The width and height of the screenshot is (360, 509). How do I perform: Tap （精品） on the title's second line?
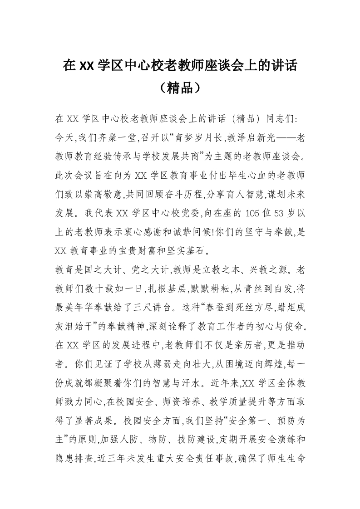(180, 88)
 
